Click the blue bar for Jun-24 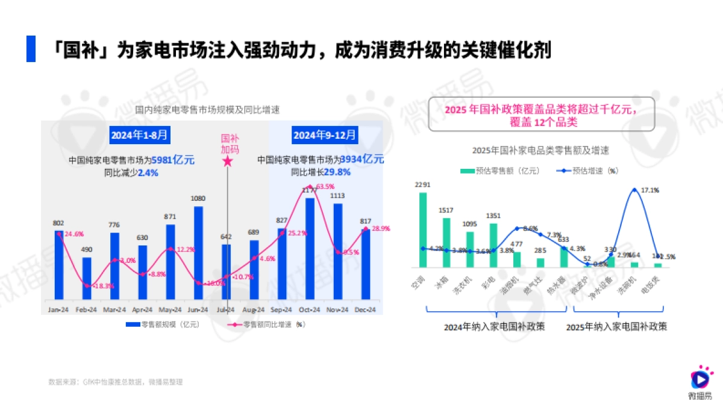pos(198,253)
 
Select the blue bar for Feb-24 pos(87,278)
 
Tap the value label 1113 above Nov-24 pos(338,196)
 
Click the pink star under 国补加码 pos(227,161)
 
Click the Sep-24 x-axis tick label pos(282,309)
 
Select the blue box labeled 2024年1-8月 pos(140,134)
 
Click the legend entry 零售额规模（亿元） pos(162,324)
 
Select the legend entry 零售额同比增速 pos(265,324)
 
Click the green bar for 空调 pos(423,230)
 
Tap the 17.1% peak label pos(650,191)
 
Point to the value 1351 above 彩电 pos(493,216)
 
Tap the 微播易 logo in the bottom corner pos(700,382)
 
